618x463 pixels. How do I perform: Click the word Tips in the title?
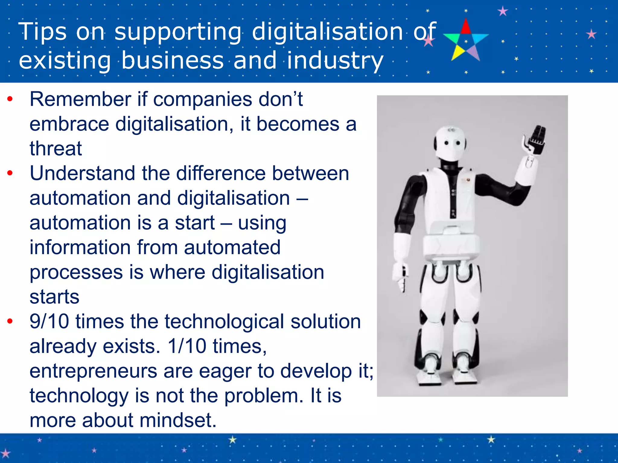point(42,31)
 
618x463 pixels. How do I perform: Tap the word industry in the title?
point(335,60)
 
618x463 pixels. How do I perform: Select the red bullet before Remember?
point(10,99)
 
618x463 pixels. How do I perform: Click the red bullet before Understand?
point(10,173)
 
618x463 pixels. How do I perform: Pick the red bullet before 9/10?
point(10,321)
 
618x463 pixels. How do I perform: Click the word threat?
point(56,148)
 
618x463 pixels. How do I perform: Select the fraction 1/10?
point(187,346)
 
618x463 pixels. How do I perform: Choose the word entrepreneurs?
point(93,371)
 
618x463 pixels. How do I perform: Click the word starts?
point(54,297)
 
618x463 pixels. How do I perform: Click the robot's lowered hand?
point(400,276)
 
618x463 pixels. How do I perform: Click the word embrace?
point(69,124)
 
